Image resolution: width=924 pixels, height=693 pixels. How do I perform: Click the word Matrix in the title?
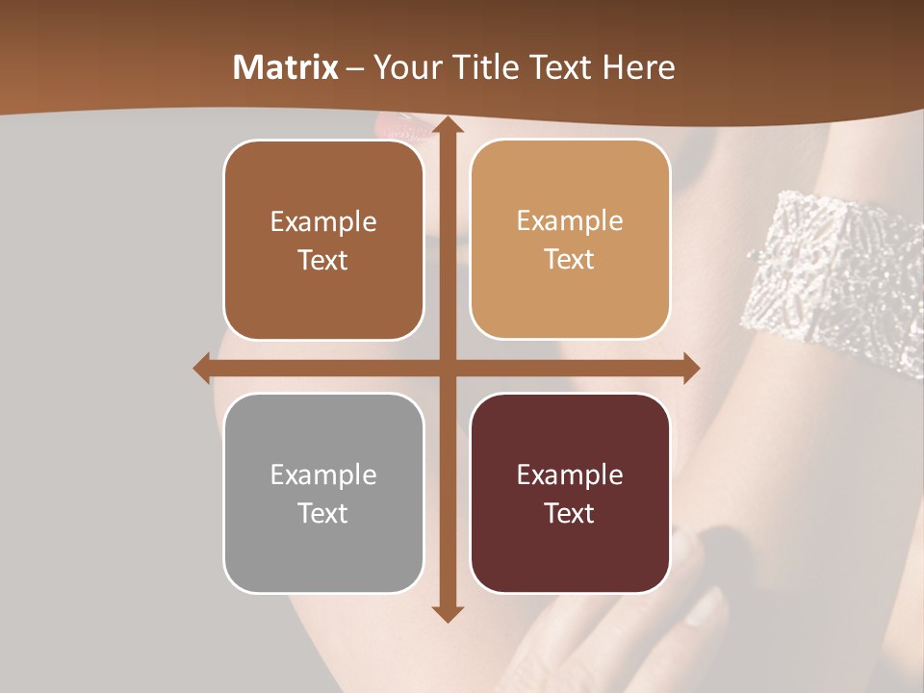tap(286, 67)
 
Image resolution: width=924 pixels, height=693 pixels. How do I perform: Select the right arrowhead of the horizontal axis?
tap(690, 368)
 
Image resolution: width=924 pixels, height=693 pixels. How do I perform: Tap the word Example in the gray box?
tap(323, 475)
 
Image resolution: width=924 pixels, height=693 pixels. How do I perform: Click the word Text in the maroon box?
tap(570, 513)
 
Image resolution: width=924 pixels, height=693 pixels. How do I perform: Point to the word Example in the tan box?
tap(570, 221)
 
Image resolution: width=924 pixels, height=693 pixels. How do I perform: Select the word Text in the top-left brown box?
tap(323, 261)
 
